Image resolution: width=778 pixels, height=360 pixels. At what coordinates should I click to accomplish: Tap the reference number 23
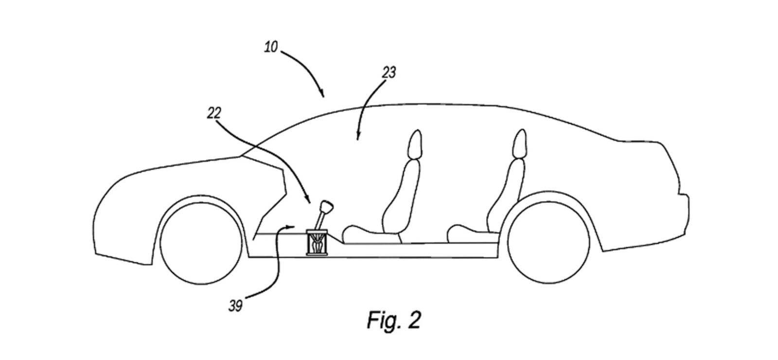click(x=389, y=72)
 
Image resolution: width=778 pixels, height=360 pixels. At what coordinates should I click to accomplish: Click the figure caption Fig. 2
click(x=393, y=321)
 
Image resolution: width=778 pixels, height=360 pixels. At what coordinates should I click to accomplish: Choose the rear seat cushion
click(x=469, y=233)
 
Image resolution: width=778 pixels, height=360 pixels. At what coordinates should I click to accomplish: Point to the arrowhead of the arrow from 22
click(x=308, y=201)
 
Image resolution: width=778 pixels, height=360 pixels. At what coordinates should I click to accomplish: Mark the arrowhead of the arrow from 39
click(x=293, y=226)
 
